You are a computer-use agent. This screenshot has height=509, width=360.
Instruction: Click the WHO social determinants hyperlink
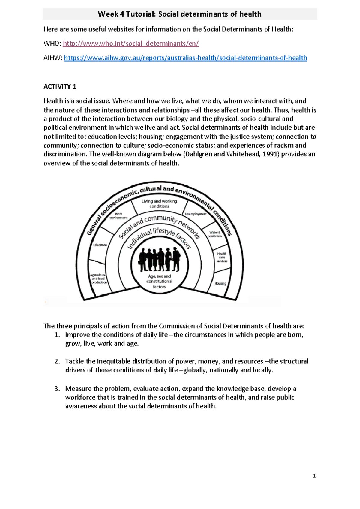coord(130,44)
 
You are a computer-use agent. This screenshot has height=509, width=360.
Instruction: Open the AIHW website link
coord(185,58)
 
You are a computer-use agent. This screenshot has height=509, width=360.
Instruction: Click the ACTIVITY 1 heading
coord(60,87)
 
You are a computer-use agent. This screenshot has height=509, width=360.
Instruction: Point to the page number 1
coord(314,476)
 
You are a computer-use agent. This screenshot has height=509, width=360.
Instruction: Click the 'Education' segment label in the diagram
coord(100,245)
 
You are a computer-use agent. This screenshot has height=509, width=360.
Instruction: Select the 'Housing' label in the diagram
coord(220,283)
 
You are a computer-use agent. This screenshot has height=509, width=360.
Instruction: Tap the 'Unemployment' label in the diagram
coord(196,214)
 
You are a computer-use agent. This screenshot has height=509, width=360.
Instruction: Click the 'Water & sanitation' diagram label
coord(215,234)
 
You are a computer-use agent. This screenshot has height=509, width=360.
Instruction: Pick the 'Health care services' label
coord(222,257)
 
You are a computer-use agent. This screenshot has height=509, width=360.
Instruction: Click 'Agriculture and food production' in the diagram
coord(99,279)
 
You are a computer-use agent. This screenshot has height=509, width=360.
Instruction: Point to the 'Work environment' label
coord(118,216)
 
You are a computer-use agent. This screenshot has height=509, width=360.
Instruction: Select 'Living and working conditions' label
coord(159,203)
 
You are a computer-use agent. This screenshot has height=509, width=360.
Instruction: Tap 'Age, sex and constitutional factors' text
coord(159,281)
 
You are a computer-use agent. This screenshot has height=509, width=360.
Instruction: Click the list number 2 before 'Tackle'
coord(57,361)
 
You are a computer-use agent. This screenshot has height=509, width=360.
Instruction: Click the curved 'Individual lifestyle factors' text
coord(159,237)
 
